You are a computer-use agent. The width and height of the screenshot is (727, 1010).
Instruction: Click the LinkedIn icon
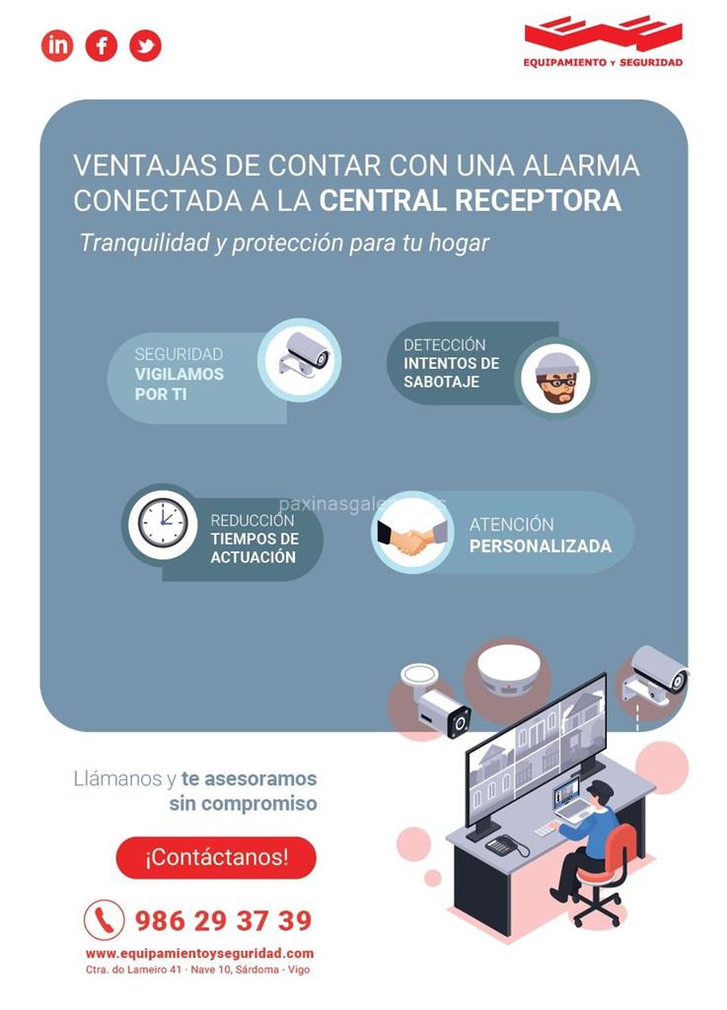point(57,45)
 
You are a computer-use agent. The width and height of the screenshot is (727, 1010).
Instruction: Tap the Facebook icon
point(102,45)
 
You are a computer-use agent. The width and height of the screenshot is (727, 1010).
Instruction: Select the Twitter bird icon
point(146,45)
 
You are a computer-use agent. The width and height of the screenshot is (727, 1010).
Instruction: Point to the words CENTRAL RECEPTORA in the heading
point(471,200)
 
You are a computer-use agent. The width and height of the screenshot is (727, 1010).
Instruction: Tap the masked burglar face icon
point(556,378)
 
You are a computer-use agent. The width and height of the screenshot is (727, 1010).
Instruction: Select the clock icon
point(163,522)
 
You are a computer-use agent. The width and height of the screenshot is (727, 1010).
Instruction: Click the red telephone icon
point(105,919)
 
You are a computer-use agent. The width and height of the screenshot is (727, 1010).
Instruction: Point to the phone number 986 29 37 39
point(223,920)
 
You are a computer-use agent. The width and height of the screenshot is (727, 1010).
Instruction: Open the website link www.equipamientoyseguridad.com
point(199,954)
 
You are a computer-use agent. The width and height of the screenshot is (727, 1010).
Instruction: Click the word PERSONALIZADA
point(541,546)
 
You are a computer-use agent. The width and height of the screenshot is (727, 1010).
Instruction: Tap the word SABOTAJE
point(442,382)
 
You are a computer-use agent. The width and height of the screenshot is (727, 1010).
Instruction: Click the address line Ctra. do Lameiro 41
point(133,970)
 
